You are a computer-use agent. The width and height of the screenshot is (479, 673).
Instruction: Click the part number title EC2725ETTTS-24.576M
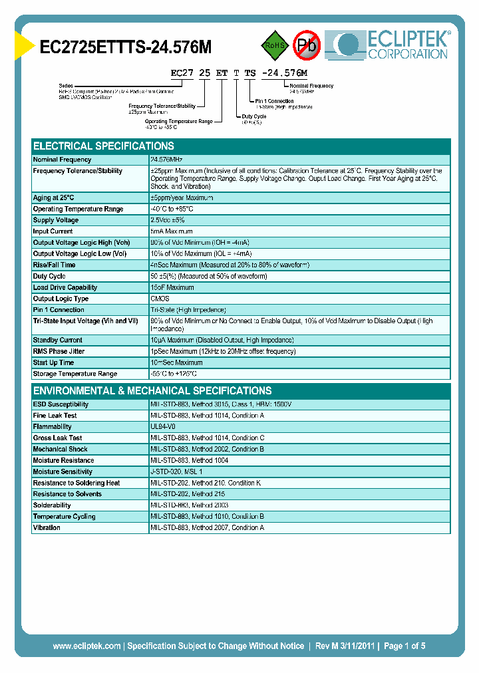tap(126, 47)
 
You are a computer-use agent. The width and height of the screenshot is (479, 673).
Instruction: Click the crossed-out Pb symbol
tap(307, 45)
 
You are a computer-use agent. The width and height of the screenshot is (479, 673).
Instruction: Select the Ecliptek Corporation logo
tap(393, 45)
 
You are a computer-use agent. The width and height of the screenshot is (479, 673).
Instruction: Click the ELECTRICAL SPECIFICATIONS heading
tap(104, 146)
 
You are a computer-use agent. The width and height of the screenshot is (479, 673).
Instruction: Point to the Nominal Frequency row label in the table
tap(63, 160)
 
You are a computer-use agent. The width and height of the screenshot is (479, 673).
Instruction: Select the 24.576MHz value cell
tap(167, 160)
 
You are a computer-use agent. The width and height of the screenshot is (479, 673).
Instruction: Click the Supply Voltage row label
tap(56, 220)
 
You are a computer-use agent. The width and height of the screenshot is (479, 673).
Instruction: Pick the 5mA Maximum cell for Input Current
tap(172, 231)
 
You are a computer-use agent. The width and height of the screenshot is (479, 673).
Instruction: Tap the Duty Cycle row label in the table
tap(49, 276)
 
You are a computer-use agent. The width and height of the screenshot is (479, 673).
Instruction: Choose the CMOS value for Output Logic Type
tap(160, 299)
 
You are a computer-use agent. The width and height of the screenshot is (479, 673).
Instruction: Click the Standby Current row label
tap(58, 340)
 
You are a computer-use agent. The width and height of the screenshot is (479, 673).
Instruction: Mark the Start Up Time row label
tap(54, 362)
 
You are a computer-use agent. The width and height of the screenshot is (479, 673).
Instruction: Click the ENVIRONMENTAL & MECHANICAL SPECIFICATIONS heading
tap(152, 391)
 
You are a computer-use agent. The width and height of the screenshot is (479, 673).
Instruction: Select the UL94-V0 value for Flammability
tap(163, 426)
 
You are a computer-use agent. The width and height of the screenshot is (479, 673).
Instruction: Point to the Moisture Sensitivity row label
tap(63, 471)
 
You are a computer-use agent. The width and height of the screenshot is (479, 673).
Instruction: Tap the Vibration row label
tap(47, 527)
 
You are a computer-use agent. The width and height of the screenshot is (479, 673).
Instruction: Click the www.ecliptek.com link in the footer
tap(86, 646)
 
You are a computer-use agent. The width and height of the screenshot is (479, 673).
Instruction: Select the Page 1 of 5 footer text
tap(404, 646)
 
